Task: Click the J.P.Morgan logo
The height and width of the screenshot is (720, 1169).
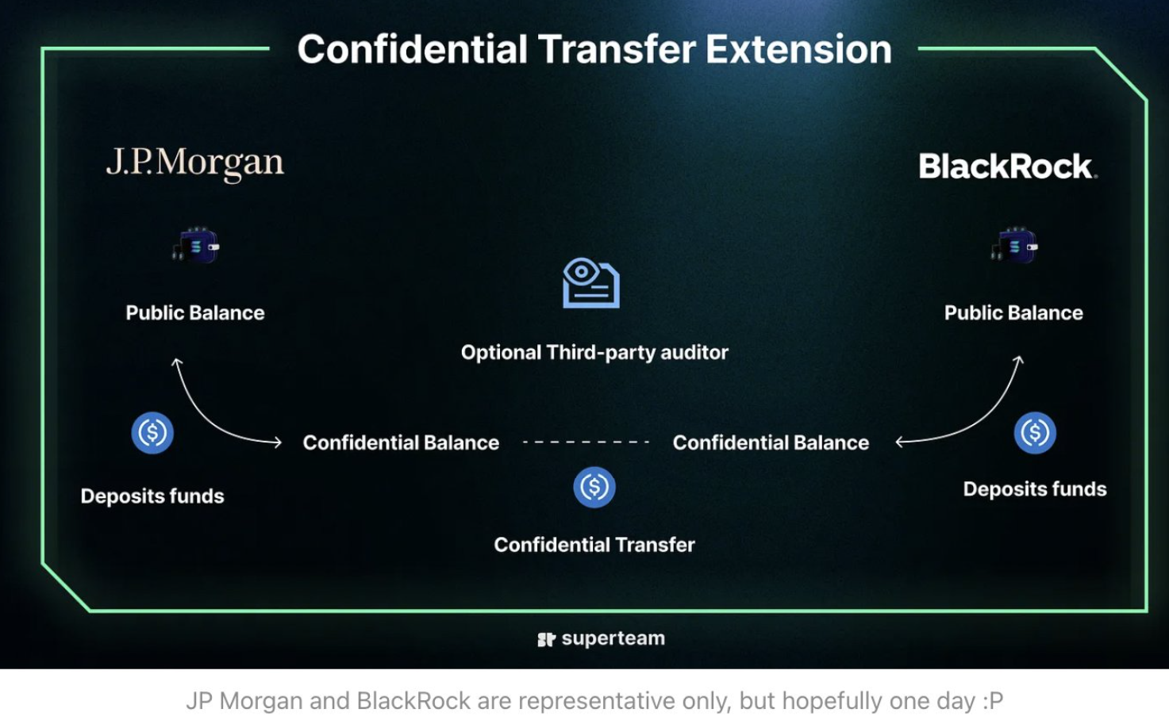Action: (x=194, y=163)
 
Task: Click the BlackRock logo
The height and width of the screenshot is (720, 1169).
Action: (x=1007, y=167)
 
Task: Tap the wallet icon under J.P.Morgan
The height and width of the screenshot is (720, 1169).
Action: (x=196, y=246)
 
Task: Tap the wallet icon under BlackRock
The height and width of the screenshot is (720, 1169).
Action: (x=1014, y=246)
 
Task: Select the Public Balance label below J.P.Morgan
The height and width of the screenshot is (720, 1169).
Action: (x=195, y=313)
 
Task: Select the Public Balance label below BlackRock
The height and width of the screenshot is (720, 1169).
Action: (x=1013, y=313)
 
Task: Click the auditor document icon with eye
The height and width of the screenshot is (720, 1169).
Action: (x=591, y=282)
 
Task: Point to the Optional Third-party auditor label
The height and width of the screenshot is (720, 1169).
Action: (x=594, y=353)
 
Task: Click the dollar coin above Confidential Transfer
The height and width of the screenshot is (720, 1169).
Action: (x=594, y=487)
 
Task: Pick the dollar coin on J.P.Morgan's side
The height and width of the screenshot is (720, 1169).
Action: (x=152, y=433)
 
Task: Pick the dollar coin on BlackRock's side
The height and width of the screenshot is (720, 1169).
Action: (x=1035, y=433)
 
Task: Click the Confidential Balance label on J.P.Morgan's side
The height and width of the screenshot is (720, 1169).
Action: (x=401, y=442)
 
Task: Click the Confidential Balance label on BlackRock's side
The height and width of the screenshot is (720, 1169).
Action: (x=771, y=442)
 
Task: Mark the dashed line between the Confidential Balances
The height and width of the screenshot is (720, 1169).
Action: (x=586, y=442)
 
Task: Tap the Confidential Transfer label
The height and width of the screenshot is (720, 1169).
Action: (x=594, y=545)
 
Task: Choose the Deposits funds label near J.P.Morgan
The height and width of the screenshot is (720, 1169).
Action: (x=152, y=496)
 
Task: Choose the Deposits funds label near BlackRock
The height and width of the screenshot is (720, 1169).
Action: (x=1035, y=489)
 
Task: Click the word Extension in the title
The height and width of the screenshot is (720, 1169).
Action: (x=798, y=49)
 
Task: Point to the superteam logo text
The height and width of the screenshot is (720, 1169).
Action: (x=613, y=638)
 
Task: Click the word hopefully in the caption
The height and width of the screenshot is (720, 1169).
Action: (x=832, y=701)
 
